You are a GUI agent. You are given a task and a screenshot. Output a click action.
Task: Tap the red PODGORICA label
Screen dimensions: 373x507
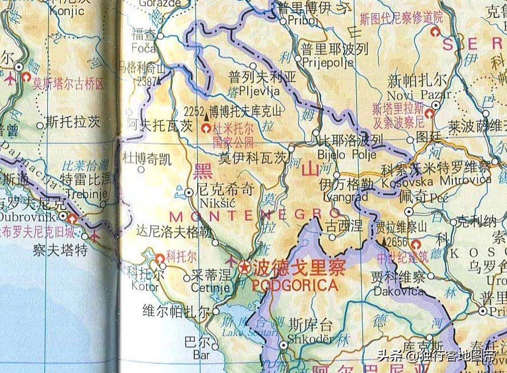coord(295,286)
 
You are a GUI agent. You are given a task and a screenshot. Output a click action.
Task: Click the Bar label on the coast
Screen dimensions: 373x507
coord(201,355)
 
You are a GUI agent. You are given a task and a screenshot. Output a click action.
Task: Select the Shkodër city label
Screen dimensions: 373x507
coord(310,339)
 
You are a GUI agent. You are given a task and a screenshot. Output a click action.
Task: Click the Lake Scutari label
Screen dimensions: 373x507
coord(250,332)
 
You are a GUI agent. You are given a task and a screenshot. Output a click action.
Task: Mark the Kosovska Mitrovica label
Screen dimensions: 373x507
coord(436,180)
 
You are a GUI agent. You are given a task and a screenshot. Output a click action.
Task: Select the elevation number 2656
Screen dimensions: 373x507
coord(397,242)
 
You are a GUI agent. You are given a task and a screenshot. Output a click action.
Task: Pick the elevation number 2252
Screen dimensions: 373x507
coord(194,110)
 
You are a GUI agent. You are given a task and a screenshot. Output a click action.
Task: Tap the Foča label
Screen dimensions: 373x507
coord(143,49)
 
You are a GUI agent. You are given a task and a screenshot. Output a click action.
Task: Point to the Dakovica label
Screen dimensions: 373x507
coord(398,292)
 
